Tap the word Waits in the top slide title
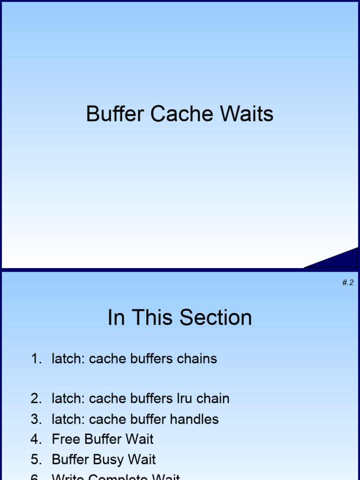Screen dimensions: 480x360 tap(248, 114)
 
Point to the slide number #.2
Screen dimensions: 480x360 tap(347, 282)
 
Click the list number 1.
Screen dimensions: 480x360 tap(36, 359)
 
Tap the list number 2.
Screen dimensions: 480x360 tap(36, 399)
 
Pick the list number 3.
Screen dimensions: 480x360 tap(36, 419)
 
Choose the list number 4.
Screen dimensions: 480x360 tap(36, 439)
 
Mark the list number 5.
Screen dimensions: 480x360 tap(36, 459)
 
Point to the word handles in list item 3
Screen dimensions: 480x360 tap(196, 419)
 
